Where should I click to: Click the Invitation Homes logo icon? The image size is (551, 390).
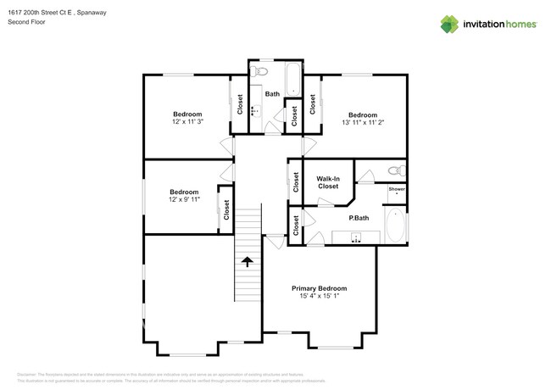point(449,25)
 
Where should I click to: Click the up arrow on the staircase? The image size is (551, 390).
point(247,262)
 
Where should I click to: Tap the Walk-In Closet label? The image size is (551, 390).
point(328,182)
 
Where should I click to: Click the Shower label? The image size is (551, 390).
point(396,189)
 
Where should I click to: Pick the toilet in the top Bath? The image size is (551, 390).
point(262,71)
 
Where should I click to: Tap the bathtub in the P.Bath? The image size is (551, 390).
point(396,226)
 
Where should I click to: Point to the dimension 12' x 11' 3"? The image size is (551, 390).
point(187,122)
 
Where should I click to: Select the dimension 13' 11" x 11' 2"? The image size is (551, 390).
point(362,122)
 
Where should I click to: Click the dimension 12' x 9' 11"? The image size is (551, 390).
point(184,199)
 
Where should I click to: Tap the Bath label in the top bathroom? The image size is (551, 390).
point(272,94)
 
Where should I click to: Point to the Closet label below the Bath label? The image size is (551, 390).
point(294,116)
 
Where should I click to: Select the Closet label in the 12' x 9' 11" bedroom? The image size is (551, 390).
point(227,209)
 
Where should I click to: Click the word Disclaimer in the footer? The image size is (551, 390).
point(29,374)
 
